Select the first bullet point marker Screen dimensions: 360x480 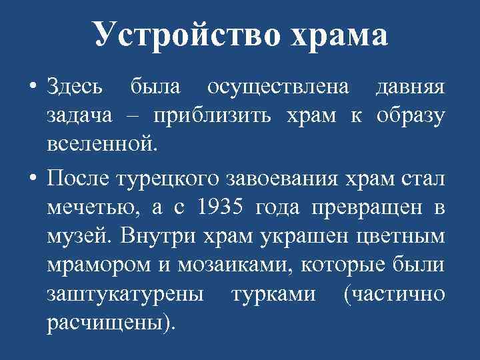32,87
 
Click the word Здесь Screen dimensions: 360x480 75,87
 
